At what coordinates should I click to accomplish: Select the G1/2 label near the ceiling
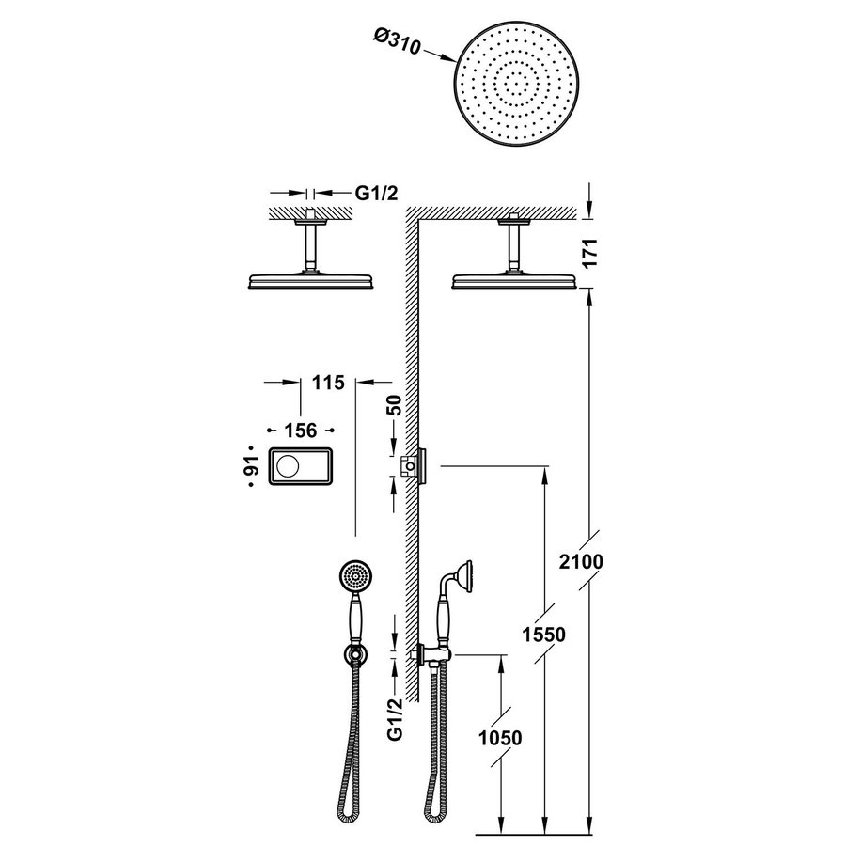click(376, 194)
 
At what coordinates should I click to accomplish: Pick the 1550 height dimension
click(544, 635)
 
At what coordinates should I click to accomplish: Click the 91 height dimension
click(250, 466)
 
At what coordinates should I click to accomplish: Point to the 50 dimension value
click(396, 405)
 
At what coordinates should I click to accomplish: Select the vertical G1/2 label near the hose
click(396, 717)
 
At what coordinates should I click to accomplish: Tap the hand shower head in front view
click(354, 574)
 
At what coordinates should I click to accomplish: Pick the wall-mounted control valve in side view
click(414, 464)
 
